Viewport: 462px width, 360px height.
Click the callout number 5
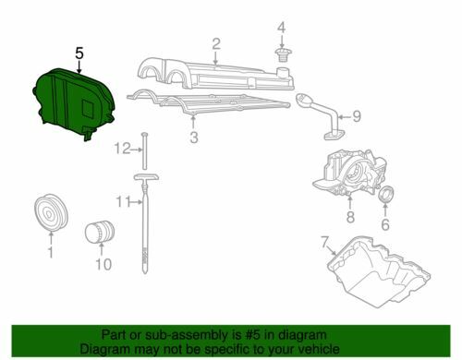point(79,54)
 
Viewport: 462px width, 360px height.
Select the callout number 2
point(216,44)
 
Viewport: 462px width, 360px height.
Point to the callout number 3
point(193,138)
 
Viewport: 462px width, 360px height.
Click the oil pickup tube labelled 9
point(321,117)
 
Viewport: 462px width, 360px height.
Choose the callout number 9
point(357,116)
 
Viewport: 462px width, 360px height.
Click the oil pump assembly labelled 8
point(349,174)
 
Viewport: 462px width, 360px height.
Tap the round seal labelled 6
point(386,195)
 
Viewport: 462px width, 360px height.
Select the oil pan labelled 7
point(379,272)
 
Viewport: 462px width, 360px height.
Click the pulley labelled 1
point(51,212)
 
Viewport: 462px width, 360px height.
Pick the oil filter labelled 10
point(100,232)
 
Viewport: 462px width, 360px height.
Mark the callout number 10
point(103,264)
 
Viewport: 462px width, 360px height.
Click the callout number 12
point(122,149)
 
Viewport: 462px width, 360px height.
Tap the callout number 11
point(123,202)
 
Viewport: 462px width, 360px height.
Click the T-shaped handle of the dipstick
point(146,177)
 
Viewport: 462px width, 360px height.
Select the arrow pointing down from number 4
point(282,42)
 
